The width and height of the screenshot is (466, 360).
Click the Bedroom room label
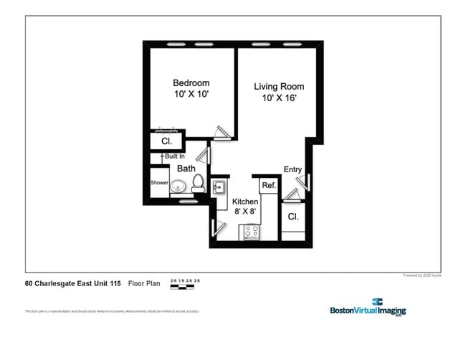coord(191,82)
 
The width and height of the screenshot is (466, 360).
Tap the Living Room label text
coord(279,87)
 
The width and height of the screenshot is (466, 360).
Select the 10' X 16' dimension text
coord(279,98)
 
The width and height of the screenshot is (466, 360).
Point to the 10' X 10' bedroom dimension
coord(191,94)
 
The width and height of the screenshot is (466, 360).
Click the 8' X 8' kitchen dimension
coord(245,211)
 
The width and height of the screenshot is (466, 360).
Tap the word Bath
coord(186,169)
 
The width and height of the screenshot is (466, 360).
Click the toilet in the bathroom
coord(199,185)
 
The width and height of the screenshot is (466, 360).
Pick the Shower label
coord(159,183)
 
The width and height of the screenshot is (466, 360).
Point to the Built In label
coord(173,156)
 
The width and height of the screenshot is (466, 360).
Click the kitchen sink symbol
coord(219,188)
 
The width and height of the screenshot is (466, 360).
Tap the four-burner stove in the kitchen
coord(252,231)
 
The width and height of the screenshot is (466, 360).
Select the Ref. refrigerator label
coord(269,185)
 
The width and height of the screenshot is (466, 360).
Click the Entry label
coord(293,169)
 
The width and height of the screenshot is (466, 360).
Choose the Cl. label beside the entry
coord(293,216)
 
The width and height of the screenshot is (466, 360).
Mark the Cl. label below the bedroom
coord(166,141)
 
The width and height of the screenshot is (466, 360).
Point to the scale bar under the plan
coord(182,286)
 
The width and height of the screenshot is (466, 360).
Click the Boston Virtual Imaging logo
coord(368,307)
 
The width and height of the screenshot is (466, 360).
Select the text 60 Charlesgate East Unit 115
coord(73,283)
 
